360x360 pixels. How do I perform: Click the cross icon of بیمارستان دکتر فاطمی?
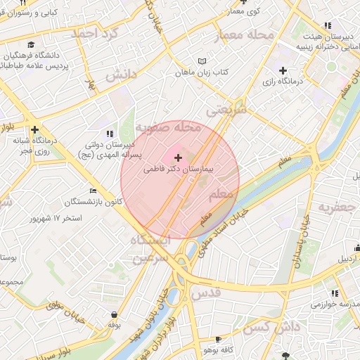pos(177,158)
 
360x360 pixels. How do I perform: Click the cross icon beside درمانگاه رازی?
pos(283,70)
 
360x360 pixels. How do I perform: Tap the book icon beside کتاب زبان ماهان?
pos(202,61)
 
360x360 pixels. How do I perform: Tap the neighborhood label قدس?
pos(206,290)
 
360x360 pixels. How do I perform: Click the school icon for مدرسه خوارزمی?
pos(335,293)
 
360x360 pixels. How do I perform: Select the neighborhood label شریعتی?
pos(226,110)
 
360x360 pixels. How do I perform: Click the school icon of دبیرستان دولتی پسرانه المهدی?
pos(109,132)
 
